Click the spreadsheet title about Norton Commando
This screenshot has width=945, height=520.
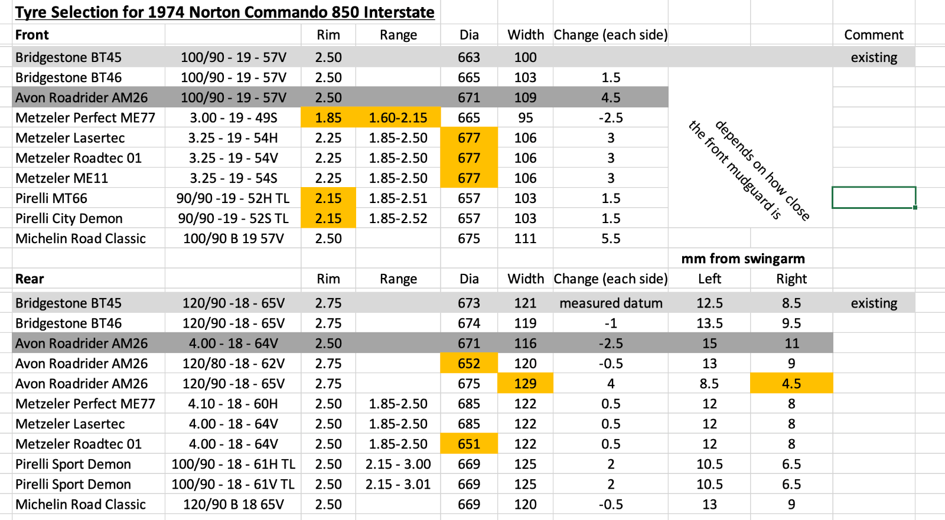point(225,12)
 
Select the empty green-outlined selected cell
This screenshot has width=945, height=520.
point(874,197)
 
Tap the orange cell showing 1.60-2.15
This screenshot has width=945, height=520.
point(398,117)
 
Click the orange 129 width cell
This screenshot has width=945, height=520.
point(525,383)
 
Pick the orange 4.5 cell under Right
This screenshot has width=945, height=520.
point(791,383)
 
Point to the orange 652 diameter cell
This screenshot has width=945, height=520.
point(469,363)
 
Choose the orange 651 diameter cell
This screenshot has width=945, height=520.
point(469,444)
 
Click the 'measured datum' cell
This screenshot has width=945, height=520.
point(611,303)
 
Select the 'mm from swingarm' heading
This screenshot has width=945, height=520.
point(743,259)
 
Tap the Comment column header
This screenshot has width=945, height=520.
point(874,35)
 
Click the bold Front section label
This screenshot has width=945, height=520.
point(32,35)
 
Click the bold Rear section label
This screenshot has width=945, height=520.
point(30,279)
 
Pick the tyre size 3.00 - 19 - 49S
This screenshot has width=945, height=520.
point(233,117)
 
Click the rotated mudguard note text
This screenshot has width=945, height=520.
point(749,170)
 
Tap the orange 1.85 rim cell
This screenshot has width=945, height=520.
point(328,117)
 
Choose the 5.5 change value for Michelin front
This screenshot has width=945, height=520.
point(611,238)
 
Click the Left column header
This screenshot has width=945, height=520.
point(709,279)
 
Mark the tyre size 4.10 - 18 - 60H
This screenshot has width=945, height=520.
point(233,404)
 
